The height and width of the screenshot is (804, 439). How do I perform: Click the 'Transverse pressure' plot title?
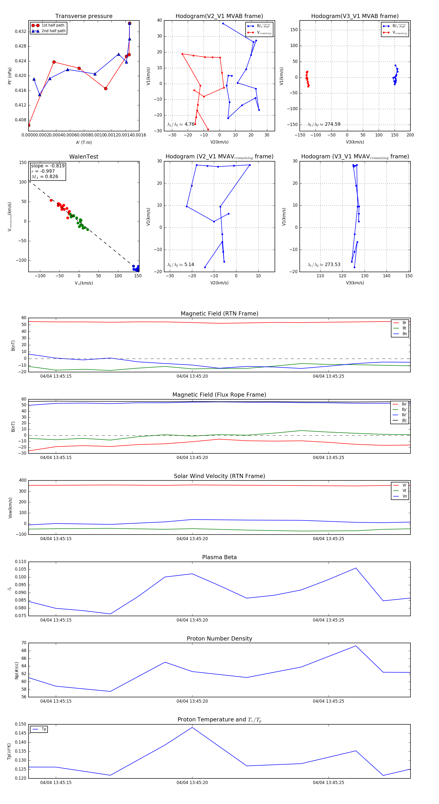(84, 16)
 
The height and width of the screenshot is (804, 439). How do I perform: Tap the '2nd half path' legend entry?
(53, 31)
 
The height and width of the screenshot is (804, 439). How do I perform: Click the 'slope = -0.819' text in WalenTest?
(48, 166)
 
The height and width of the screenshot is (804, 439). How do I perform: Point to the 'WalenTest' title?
(84, 157)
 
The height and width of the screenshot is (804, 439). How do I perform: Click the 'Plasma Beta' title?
(219, 557)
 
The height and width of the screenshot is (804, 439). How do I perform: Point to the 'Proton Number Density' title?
(219, 638)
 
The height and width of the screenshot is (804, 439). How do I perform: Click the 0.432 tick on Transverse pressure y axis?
(21, 31)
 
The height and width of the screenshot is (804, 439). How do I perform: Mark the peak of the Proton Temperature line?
(192, 727)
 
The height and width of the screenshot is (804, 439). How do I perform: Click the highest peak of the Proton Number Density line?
(356, 646)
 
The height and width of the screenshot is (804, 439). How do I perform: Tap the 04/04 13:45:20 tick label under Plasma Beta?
(192, 620)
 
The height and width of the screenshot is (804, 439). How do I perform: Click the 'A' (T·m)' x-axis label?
(84, 142)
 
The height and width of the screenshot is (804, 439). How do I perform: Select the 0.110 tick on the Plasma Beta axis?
(21, 562)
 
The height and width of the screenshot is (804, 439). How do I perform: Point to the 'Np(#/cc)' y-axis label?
(17, 670)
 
